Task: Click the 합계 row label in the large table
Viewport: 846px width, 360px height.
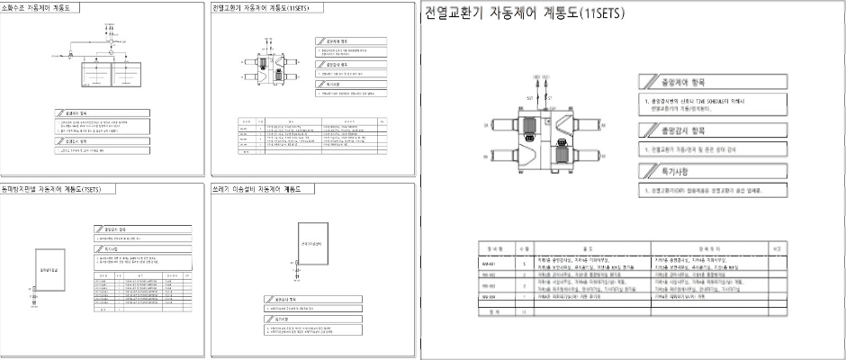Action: click(493, 311)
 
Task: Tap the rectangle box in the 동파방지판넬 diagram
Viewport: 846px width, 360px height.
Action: click(49, 268)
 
